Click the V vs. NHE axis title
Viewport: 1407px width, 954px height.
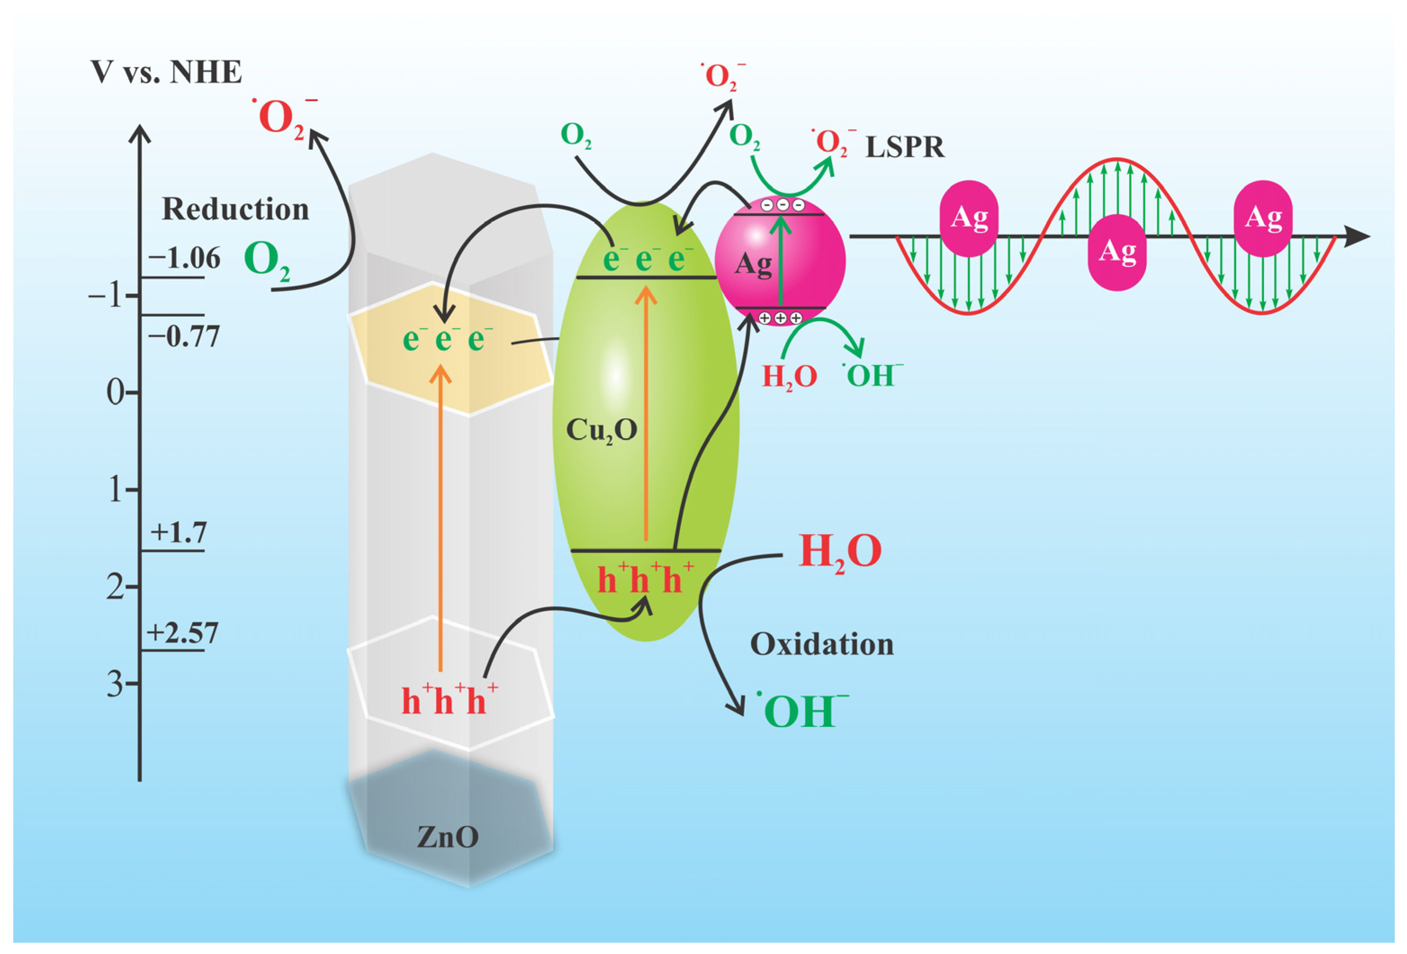pos(166,72)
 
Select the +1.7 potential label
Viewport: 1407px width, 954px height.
pos(179,533)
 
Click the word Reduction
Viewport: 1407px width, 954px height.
pos(236,209)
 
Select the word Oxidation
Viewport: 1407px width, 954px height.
pos(821,644)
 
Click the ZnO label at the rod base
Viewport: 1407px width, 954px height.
pos(448,837)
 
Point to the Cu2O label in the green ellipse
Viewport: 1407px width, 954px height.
pos(601,431)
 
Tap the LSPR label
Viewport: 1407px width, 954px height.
pos(905,147)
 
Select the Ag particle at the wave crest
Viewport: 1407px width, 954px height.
pos(1117,252)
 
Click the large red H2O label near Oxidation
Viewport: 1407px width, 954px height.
pos(840,552)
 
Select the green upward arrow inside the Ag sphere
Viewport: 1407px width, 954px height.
pos(780,260)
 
